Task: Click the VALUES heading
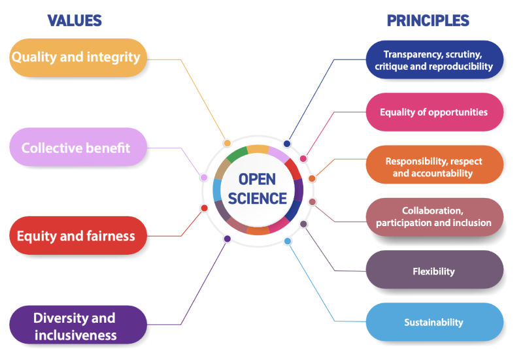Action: (75, 20)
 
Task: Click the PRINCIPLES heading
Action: (428, 20)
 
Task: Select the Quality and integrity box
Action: (76, 57)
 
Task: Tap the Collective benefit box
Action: (76, 148)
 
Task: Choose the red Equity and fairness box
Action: (76, 235)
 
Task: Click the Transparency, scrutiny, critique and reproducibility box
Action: (434, 60)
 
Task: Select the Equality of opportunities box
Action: (434, 112)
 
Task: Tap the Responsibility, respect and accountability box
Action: (434, 167)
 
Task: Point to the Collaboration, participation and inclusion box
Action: (434, 217)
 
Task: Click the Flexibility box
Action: (434, 270)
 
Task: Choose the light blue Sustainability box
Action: (434, 321)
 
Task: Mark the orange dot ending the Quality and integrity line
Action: (227, 142)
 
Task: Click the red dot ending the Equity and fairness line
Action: (204, 208)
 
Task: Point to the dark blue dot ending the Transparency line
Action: (286, 144)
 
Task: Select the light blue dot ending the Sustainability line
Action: (287, 241)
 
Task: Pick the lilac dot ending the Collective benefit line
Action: (204, 177)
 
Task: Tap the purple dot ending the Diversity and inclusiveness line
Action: (227, 239)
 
